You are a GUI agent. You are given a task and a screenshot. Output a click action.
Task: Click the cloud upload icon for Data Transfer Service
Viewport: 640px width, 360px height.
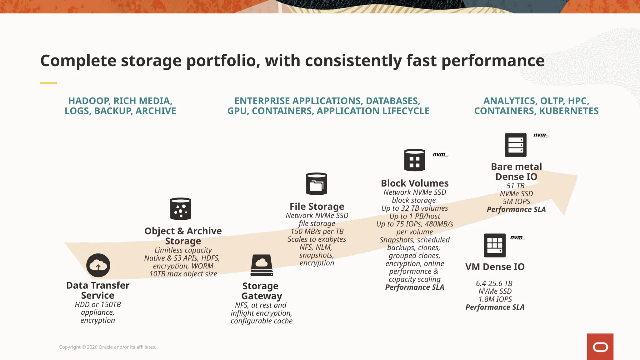(x=98, y=265)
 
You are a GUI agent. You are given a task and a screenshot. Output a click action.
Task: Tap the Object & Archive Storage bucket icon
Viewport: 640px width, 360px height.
(x=181, y=209)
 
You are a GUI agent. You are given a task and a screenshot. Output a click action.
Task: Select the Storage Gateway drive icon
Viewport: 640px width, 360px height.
(x=262, y=265)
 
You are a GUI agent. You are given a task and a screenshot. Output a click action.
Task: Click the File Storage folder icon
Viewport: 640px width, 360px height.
(x=317, y=184)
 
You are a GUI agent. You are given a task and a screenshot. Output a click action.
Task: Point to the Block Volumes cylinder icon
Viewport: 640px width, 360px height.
(x=414, y=160)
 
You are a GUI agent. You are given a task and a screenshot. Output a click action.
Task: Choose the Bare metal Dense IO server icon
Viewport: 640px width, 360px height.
(x=516, y=145)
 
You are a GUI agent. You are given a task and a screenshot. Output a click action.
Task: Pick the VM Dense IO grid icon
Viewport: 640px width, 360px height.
(x=495, y=245)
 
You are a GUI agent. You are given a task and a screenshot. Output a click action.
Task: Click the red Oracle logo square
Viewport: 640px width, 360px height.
(x=600, y=347)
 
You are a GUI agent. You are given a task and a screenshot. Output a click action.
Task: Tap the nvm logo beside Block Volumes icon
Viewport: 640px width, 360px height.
(x=440, y=155)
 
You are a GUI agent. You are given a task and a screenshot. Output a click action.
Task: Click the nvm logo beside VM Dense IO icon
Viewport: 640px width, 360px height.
(x=517, y=237)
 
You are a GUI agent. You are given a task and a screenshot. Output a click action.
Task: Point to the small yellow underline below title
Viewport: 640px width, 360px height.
(x=48, y=83)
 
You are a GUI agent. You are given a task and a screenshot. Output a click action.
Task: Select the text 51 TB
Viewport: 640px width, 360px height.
(x=516, y=186)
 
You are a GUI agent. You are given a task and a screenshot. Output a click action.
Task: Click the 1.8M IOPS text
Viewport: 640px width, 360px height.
(x=495, y=299)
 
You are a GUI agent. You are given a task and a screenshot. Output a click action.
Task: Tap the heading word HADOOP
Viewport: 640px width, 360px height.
(x=89, y=101)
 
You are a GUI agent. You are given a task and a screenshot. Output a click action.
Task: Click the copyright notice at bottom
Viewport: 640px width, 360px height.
(x=107, y=347)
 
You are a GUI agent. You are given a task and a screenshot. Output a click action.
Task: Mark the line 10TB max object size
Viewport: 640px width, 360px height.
(x=183, y=274)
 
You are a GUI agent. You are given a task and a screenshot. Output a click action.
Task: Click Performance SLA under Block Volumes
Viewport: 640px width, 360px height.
(x=414, y=287)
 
